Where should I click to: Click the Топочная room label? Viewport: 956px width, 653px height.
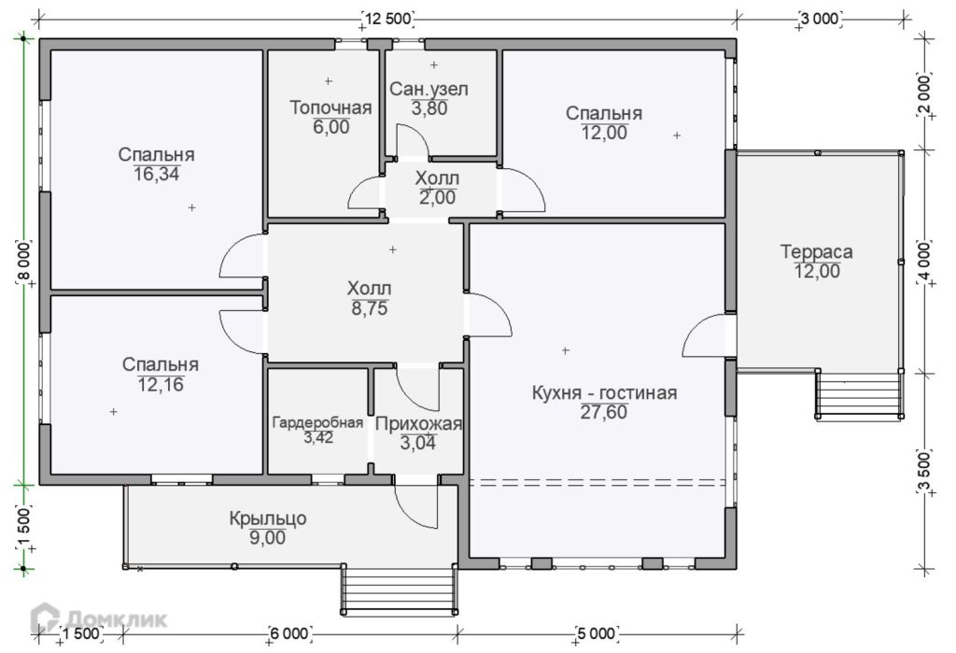click(x=330, y=108)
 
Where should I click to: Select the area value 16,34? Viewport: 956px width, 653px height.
click(x=157, y=175)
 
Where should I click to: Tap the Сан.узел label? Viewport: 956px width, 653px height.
click(x=429, y=90)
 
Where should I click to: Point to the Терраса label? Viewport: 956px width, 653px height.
click(x=816, y=251)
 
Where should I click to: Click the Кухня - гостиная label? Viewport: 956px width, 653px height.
click(x=604, y=392)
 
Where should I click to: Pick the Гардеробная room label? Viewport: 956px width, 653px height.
click(x=317, y=422)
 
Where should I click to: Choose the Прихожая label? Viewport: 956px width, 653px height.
click(x=418, y=424)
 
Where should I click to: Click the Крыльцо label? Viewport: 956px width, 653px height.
click(x=268, y=518)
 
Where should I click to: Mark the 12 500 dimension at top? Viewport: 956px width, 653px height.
click(x=387, y=19)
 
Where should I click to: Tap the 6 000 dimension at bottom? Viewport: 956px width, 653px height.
click(x=289, y=633)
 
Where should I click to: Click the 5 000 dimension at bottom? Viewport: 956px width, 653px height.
click(x=596, y=633)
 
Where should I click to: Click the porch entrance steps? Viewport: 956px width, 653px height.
click(x=399, y=589)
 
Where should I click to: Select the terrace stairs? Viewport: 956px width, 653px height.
click(x=860, y=395)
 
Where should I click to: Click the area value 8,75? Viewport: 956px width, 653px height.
click(x=370, y=309)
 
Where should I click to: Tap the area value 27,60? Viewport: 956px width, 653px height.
click(x=604, y=413)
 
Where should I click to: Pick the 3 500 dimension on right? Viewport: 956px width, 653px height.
click(x=925, y=471)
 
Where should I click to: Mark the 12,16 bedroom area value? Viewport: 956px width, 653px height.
click(x=161, y=385)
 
